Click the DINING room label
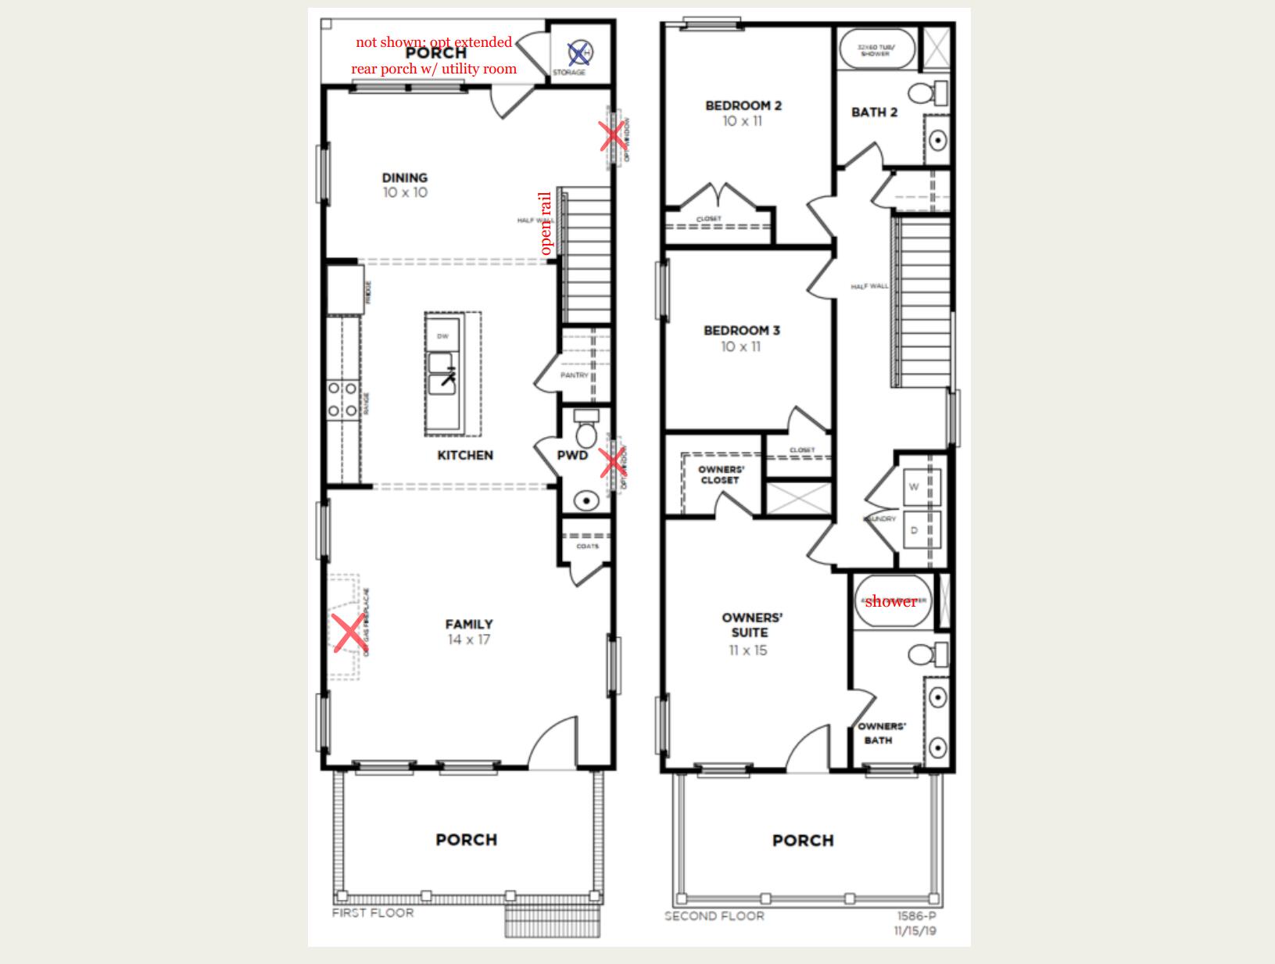pos(404,178)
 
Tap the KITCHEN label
pos(465,455)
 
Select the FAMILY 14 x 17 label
pos(468,631)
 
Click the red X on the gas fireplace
pos(349,633)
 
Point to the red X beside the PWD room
pos(612,463)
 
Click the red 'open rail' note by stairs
pos(546,224)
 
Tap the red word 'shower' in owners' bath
pos(890,601)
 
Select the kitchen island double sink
pos(442,374)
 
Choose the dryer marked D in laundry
pos(913,530)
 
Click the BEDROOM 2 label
pos(743,106)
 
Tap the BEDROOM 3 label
pos(741,331)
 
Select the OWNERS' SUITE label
pos(750,625)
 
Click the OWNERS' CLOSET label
pos(720,475)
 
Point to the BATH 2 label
pos(874,113)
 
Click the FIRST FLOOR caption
pos(373,912)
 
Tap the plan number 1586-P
pos(917,916)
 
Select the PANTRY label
pos(574,375)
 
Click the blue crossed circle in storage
pos(579,53)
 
